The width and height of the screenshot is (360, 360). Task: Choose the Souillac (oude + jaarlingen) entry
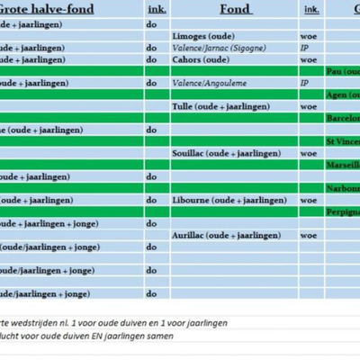tap(229, 154)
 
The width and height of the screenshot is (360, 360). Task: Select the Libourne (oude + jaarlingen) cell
tap(229, 201)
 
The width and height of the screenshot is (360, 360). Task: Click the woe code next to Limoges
tap(308, 37)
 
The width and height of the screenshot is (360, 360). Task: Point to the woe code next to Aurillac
tap(308, 235)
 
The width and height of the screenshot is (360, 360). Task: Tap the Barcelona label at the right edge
tap(343, 118)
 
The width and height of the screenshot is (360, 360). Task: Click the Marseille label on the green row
tap(343, 166)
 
